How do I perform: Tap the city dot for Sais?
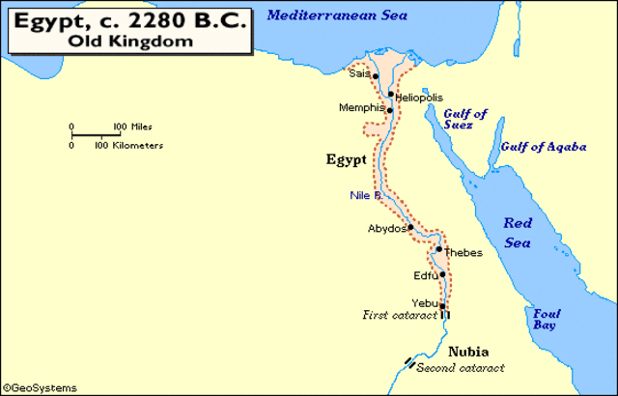tap(376, 75)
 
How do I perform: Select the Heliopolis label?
tap(419, 98)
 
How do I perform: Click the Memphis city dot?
tap(389, 109)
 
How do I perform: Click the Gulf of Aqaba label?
tap(542, 146)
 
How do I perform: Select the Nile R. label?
tap(366, 196)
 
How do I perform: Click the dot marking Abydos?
tap(410, 229)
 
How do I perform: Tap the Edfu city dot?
tap(442, 274)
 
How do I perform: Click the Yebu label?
tap(425, 302)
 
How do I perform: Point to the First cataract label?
tap(399, 316)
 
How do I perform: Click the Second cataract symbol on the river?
tap(410, 365)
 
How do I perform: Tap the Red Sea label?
tap(519, 232)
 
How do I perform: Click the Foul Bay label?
tap(544, 320)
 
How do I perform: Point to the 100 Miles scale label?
tap(132, 127)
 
